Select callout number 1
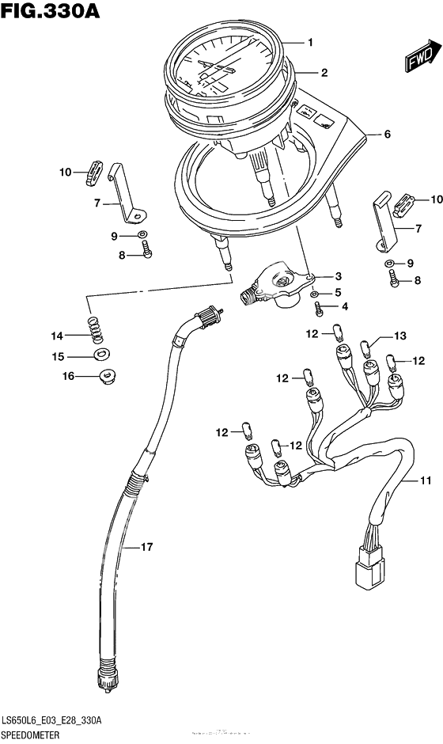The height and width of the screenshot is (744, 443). [311, 42]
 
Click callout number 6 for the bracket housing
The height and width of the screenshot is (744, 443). [387, 135]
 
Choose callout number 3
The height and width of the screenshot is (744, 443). [338, 276]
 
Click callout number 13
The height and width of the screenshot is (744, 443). [399, 336]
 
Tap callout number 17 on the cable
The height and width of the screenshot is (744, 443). [146, 547]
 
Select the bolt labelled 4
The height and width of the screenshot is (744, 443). [318, 307]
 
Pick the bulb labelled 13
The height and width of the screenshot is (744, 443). [366, 344]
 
